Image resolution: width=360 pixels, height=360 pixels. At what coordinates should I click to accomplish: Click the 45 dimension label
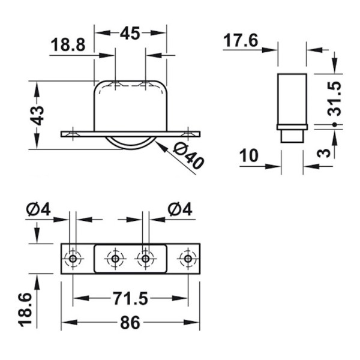(130, 33)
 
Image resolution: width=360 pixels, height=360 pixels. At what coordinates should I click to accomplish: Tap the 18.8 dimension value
(68, 45)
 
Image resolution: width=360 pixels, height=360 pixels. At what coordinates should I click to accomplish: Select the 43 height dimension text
(37, 115)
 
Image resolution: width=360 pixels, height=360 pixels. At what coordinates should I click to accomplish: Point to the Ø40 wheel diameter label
(188, 156)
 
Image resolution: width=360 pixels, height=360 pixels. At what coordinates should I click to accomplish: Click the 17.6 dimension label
(241, 41)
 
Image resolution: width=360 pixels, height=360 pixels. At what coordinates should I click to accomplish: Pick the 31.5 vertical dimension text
(334, 98)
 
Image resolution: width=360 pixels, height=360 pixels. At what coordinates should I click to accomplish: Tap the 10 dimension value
(248, 155)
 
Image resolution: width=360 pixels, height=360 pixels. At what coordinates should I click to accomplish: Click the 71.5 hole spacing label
(131, 299)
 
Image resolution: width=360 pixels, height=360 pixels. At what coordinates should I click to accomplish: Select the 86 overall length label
(130, 322)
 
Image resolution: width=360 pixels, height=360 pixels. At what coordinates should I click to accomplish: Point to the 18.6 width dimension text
(25, 309)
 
